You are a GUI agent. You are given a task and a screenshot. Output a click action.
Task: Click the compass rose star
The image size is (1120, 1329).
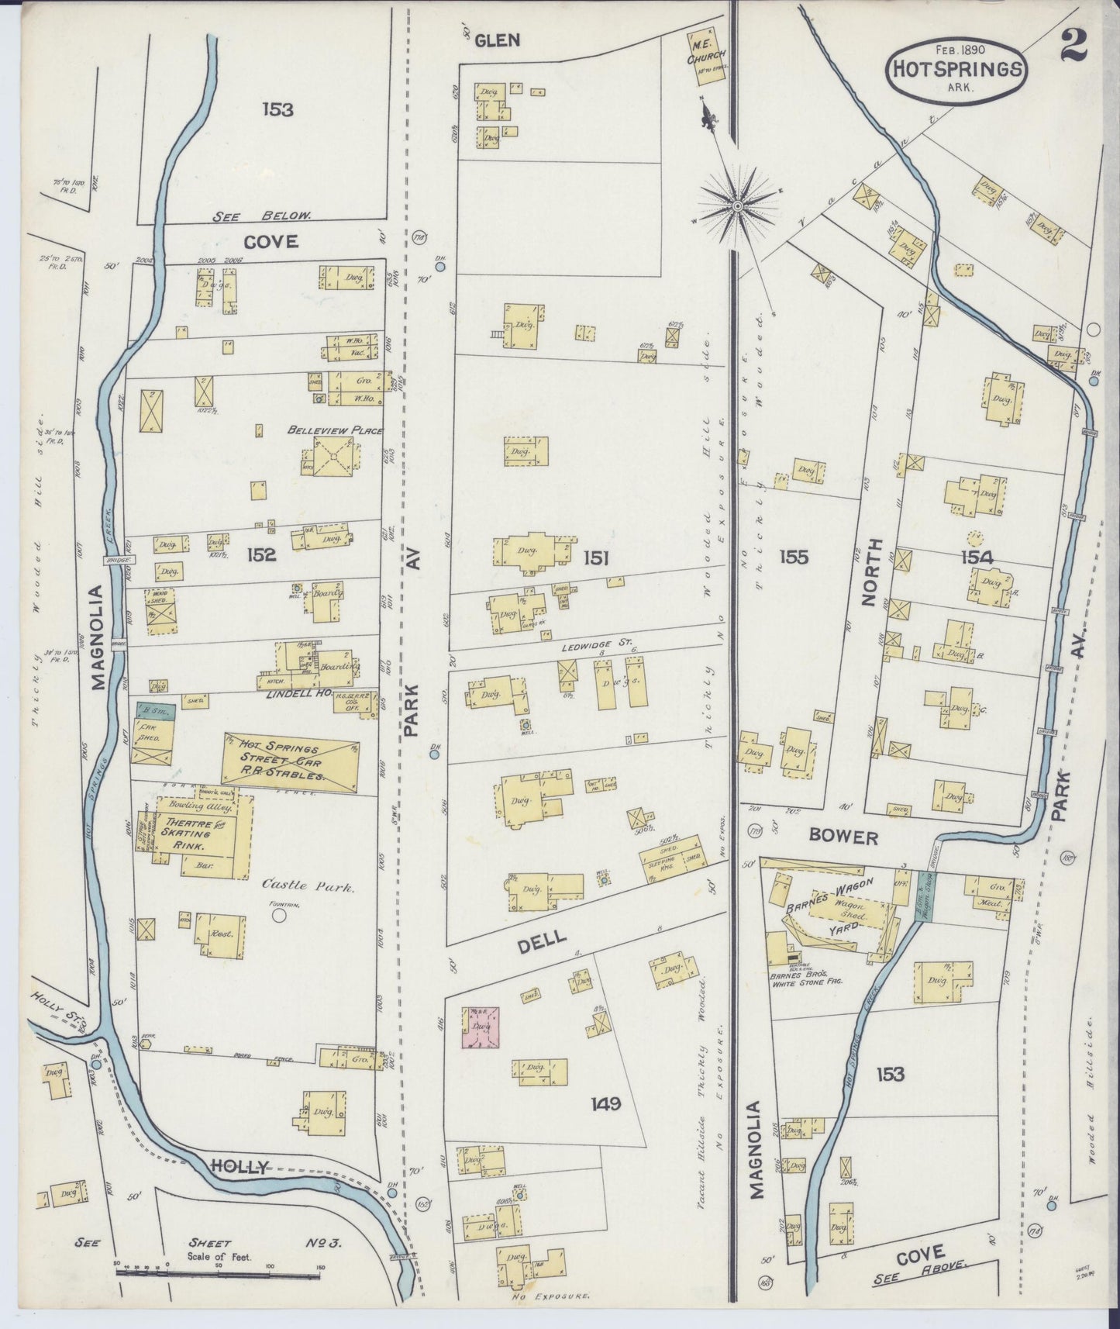[x=737, y=205]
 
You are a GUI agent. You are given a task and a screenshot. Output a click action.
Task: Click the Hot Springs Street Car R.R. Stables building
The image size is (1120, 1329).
[x=290, y=762]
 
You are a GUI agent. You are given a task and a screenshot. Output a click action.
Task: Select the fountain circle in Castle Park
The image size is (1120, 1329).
[x=280, y=916]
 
